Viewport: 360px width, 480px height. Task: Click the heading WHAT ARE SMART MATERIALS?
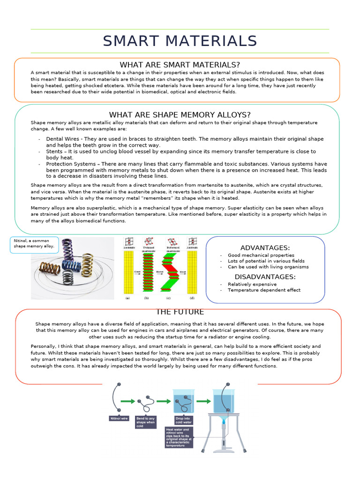coord(180,65)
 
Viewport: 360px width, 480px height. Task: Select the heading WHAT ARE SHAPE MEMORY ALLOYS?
coord(180,115)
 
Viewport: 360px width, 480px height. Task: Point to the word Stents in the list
coord(55,152)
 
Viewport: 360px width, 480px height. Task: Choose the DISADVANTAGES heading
coord(265,277)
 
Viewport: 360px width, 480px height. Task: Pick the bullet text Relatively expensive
coord(252,284)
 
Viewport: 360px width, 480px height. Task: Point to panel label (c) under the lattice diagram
coord(168,298)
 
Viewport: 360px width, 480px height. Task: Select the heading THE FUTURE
coord(180,312)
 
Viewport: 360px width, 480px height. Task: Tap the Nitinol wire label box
coord(119,418)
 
